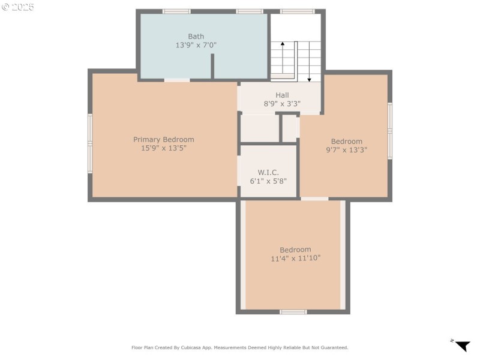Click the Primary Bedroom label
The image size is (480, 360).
(163, 139)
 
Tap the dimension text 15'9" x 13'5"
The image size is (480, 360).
(163, 148)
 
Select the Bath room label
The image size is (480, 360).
(196, 37)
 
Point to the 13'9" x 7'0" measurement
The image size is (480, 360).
(196, 45)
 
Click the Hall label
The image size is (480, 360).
(282, 95)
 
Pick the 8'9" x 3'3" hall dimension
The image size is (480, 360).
(282, 103)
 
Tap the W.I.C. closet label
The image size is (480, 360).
(268, 172)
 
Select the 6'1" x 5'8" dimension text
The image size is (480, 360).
(268, 181)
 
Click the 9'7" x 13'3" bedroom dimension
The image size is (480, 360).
(346, 150)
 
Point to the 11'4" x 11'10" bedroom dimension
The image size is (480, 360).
(295, 258)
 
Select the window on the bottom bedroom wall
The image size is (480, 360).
(293, 311)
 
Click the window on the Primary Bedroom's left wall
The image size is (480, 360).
(90, 143)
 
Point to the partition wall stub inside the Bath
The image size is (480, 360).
(212, 66)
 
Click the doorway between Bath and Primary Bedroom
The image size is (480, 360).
(177, 79)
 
